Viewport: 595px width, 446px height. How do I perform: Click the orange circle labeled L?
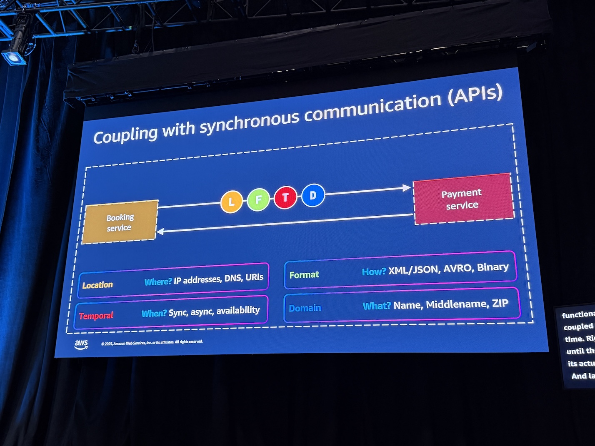tap(231, 202)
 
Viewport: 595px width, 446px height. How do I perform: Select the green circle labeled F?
tap(258, 199)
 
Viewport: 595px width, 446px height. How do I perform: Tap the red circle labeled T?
tap(285, 197)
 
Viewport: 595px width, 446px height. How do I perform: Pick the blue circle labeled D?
tap(313, 195)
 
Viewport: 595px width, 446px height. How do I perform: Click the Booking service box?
tap(120, 222)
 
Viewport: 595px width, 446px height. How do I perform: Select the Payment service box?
tap(462, 199)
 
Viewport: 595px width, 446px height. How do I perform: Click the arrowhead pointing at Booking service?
tap(160, 231)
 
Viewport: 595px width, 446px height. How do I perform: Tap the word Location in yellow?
tap(97, 285)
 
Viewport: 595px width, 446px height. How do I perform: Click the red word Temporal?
tap(96, 316)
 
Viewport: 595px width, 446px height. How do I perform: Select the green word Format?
tap(304, 275)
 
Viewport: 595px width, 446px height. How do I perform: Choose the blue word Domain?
tap(305, 308)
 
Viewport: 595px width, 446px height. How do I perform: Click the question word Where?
tap(158, 282)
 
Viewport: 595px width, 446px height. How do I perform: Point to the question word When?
tap(154, 313)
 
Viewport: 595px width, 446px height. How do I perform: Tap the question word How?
tap(374, 272)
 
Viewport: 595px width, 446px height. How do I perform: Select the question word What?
tap(377, 306)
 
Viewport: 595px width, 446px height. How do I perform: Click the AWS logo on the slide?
tap(81, 344)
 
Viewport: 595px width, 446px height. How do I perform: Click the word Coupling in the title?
tap(125, 135)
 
